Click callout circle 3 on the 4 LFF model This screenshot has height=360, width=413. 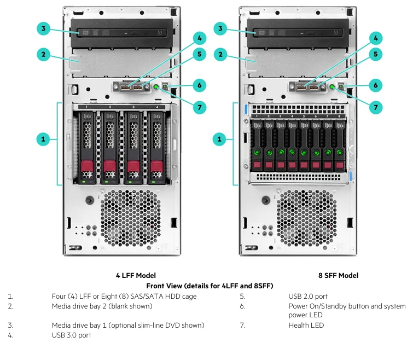[x=44, y=28]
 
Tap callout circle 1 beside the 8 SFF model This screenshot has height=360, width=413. [x=220, y=140]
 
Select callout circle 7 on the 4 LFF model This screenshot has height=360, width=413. [x=199, y=107]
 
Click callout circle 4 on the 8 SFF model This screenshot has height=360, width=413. [x=375, y=38]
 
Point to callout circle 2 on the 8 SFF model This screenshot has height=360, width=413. [x=220, y=54]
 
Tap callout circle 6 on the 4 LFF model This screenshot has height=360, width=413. [x=199, y=85]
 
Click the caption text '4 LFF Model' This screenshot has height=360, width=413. [x=136, y=275]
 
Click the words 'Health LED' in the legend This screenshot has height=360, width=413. [x=306, y=325]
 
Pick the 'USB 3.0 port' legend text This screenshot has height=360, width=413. [x=71, y=335]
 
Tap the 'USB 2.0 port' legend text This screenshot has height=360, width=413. [x=308, y=297]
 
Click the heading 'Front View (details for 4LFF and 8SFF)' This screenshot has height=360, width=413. [x=210, y=286]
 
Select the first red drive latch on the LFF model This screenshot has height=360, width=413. [x=86, y=166]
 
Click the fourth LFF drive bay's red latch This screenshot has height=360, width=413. [x=156, y=166]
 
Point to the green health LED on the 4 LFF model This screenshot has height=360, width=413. [x=157, y=86]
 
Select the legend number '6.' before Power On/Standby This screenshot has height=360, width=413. [x=241, y=306]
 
